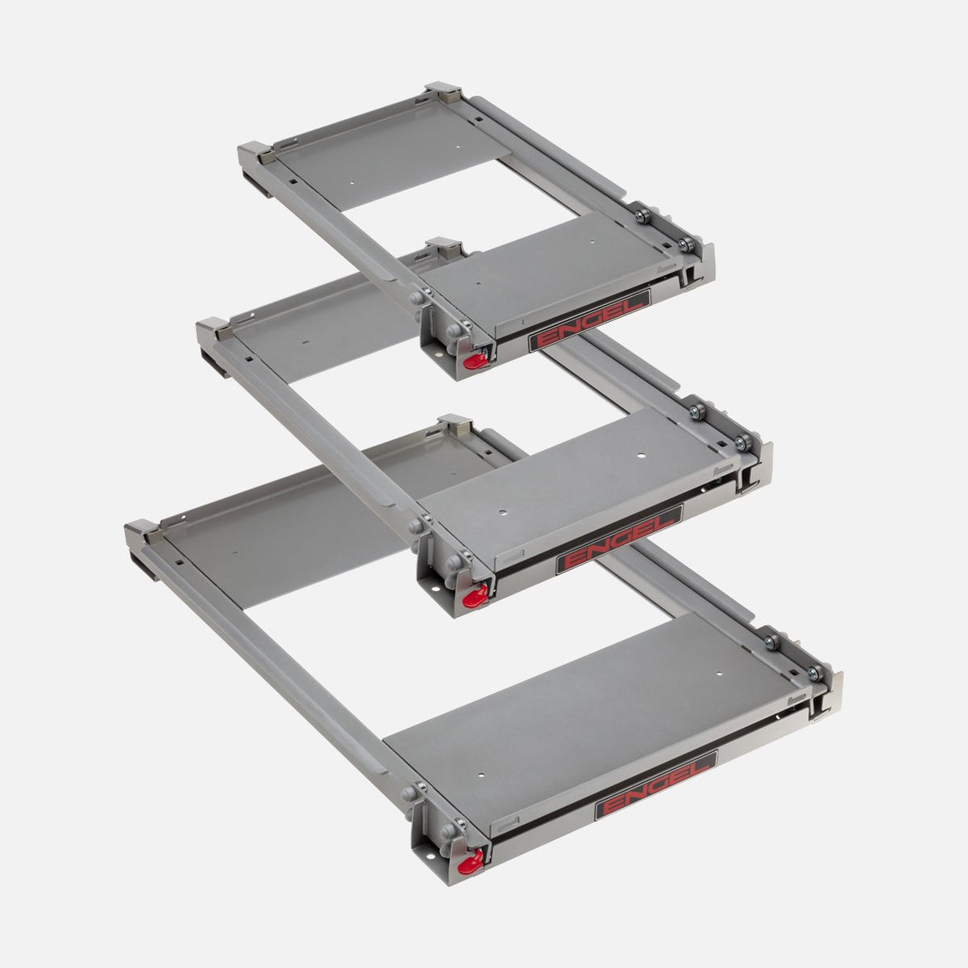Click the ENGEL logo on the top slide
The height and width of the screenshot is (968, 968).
(590, 319)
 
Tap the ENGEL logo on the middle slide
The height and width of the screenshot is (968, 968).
(619, 539)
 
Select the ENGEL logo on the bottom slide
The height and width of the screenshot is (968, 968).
(656, 785)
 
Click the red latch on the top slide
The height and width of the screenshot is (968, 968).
(476, 361)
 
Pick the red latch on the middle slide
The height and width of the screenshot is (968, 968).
(475, 597)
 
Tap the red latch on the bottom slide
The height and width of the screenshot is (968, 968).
(471, 862)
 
